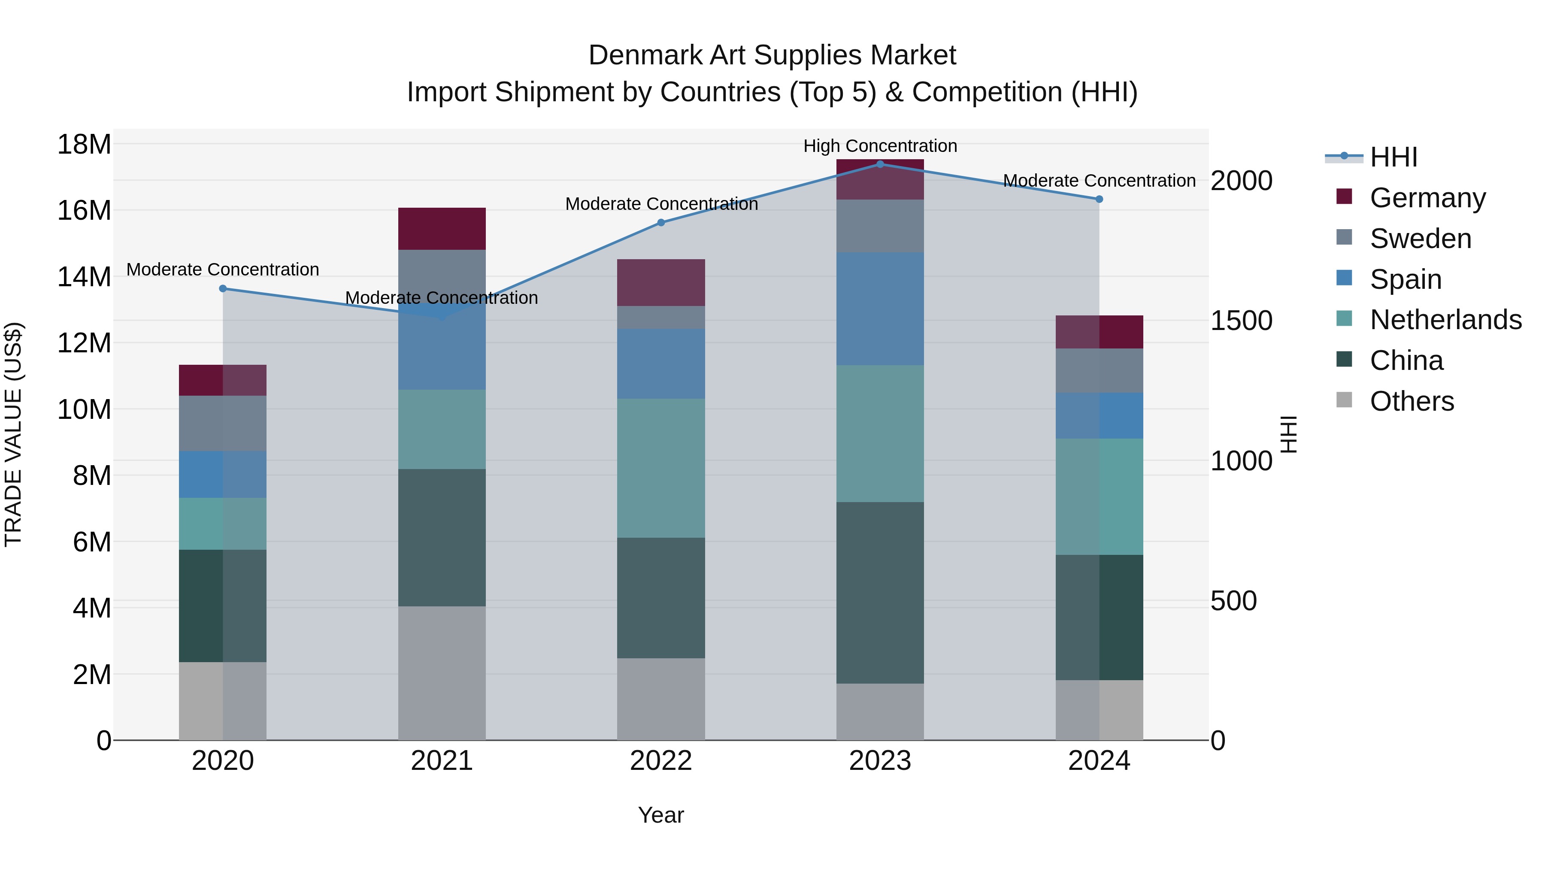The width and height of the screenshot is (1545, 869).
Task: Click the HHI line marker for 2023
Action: click(880, 164)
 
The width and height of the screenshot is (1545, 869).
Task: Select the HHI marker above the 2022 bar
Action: click(661, 222)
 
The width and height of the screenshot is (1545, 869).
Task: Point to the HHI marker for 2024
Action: click(1099, 199)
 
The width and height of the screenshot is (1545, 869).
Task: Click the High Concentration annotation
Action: click(880, 146)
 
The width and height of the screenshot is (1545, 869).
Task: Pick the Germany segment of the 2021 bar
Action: click(442, 228)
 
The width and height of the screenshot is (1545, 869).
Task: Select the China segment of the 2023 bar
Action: click(880, 593)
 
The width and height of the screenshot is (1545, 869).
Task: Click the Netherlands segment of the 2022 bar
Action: click(661, 468)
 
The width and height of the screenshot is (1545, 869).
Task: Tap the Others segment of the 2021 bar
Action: click(442, 673)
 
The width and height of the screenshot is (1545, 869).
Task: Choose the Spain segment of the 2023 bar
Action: click(880, 309)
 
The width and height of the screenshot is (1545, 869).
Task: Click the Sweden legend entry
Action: click(1420, 239)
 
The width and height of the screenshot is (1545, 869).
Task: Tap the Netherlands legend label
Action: click(1445, 320)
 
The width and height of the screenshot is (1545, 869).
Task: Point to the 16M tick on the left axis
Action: click(84, 211)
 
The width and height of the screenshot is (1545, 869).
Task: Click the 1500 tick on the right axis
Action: click(1241, 321)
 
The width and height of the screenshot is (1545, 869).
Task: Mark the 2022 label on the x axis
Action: click(661, 761)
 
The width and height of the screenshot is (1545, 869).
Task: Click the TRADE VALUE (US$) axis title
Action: click(13, 434)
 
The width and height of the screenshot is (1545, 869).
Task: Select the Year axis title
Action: click(661, 815)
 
